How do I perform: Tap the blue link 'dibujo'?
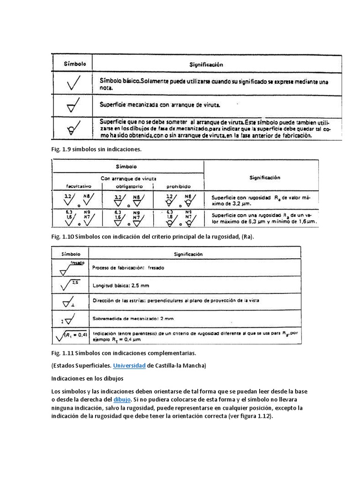tap(121, 399)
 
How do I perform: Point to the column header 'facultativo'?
tap(78, 186)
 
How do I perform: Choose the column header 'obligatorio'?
tap(128, 186)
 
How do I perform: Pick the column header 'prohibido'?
tap(178, 186)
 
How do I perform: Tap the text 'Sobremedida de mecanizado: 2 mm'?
tap(133, 318)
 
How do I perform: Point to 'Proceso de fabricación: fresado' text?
tap(128, 268)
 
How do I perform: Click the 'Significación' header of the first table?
tap(206, 64)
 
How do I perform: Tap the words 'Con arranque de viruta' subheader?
tap(128, 178)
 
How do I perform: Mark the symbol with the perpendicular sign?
tap(71, 301)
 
